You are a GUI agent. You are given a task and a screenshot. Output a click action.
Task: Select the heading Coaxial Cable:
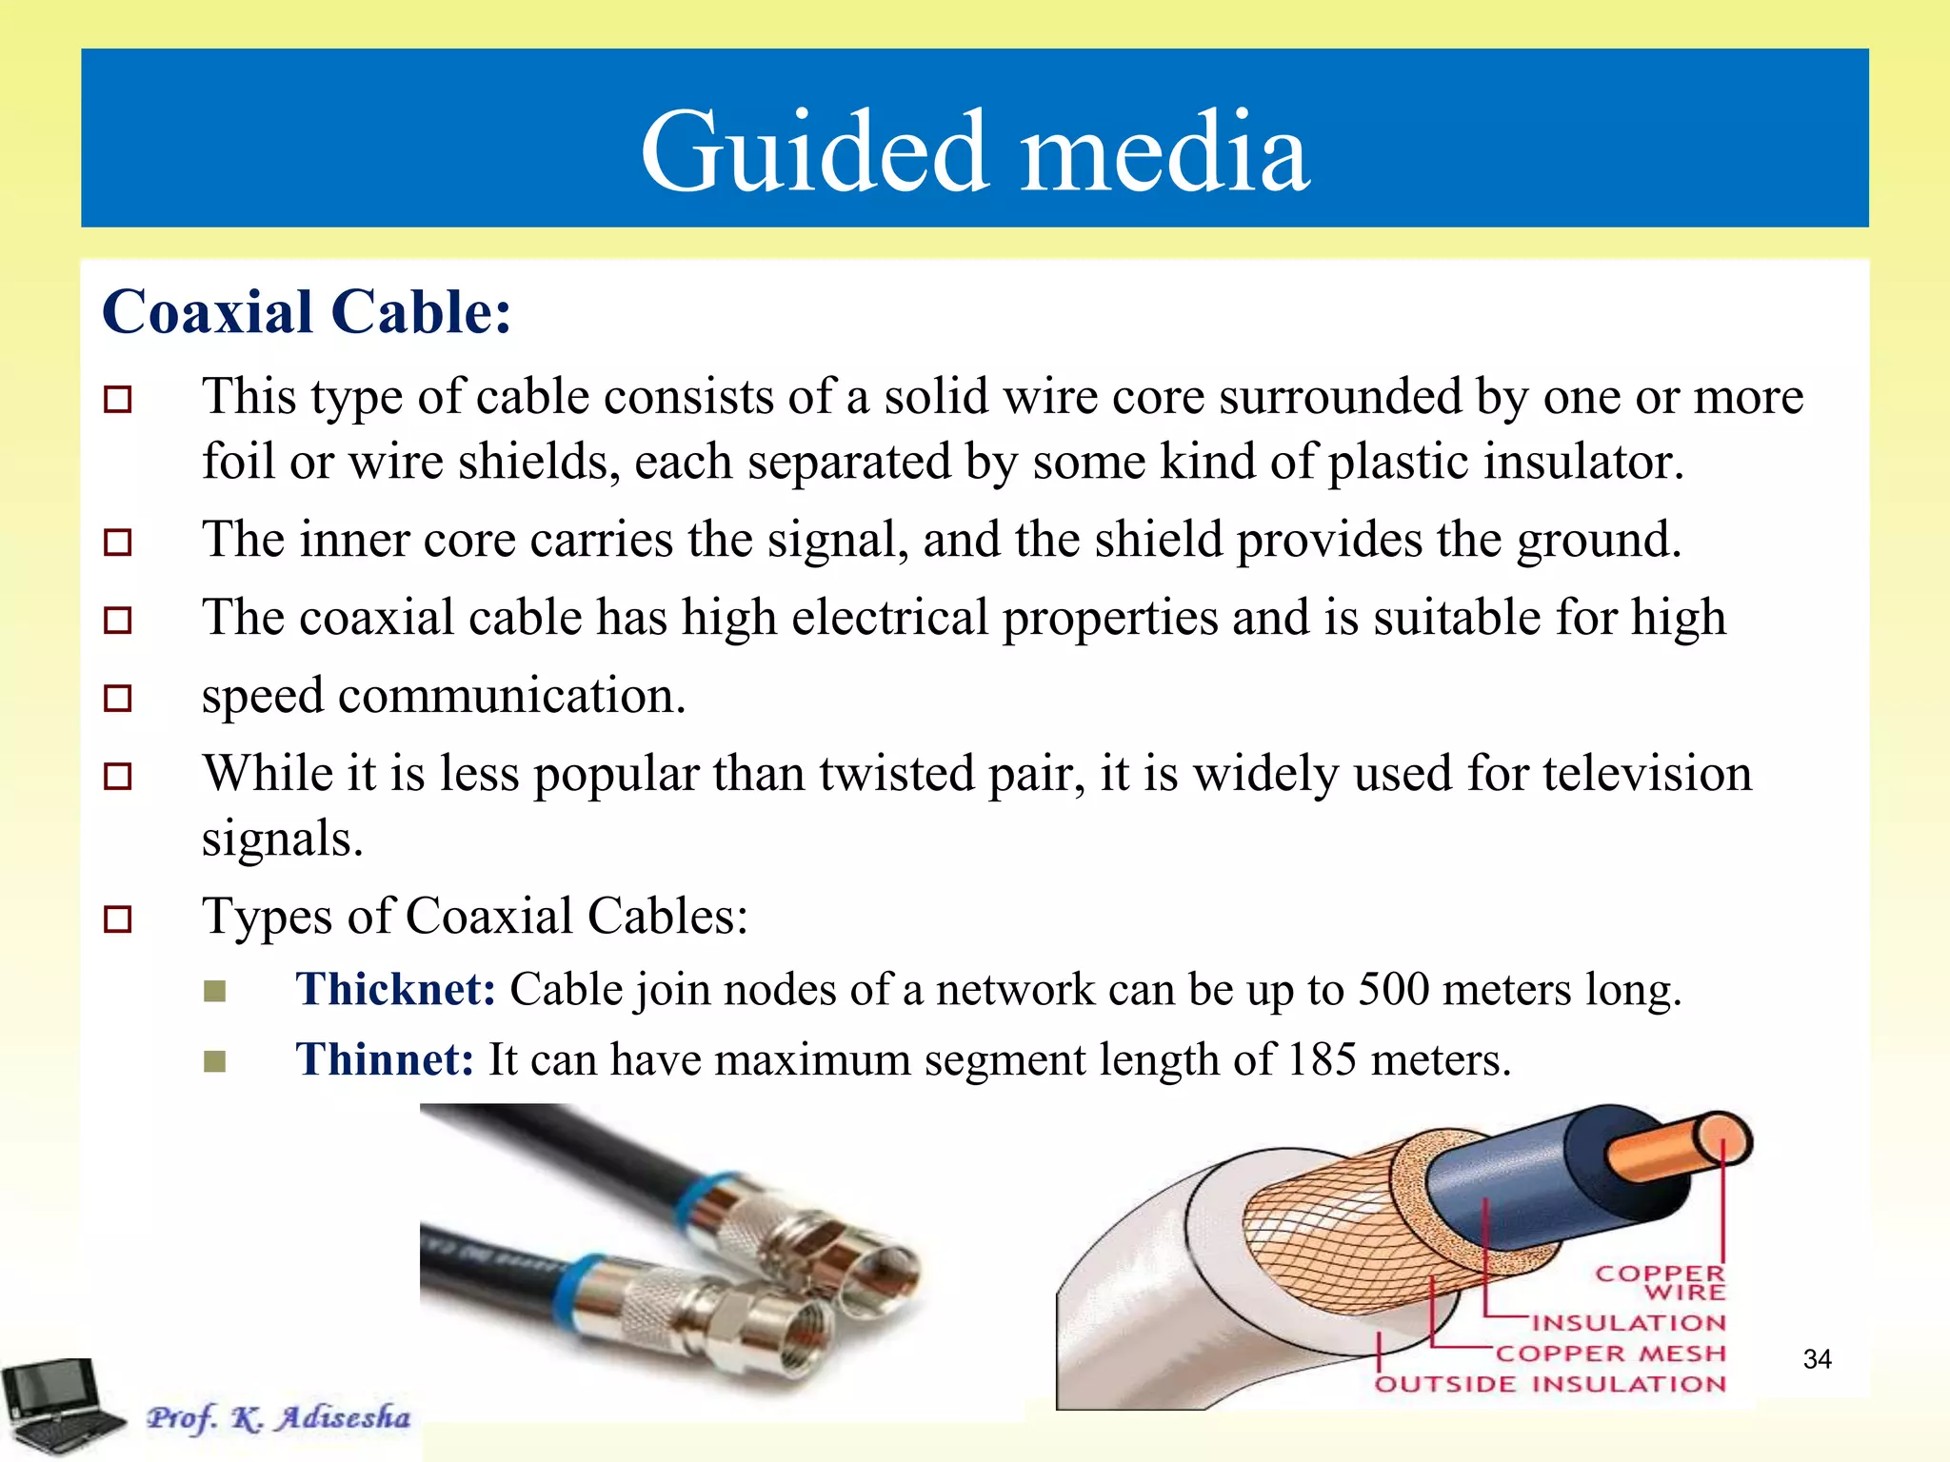coord(307,312)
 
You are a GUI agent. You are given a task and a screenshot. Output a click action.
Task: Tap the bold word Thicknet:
coord(395,989)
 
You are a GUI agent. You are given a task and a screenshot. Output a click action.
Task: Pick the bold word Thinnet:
coord(385,1059)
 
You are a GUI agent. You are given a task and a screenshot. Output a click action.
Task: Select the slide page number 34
coord(1817,1359)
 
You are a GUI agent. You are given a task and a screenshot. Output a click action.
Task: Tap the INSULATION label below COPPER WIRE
coord(1629,1323)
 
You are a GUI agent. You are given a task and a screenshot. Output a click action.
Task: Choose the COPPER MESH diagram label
coord(1609,1353)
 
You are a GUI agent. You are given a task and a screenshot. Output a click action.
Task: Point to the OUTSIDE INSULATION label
coord(1550,1384)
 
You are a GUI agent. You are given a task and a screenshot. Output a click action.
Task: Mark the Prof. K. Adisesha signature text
coord(278,1417)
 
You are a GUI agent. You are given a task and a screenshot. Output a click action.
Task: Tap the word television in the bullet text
coord(1647,773)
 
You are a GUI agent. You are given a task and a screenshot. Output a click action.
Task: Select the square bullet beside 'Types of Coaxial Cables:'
coord(117,919)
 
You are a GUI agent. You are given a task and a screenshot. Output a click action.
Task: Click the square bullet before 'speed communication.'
coord(117,699)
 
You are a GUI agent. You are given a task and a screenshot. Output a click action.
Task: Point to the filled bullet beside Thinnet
coord(215,1060)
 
